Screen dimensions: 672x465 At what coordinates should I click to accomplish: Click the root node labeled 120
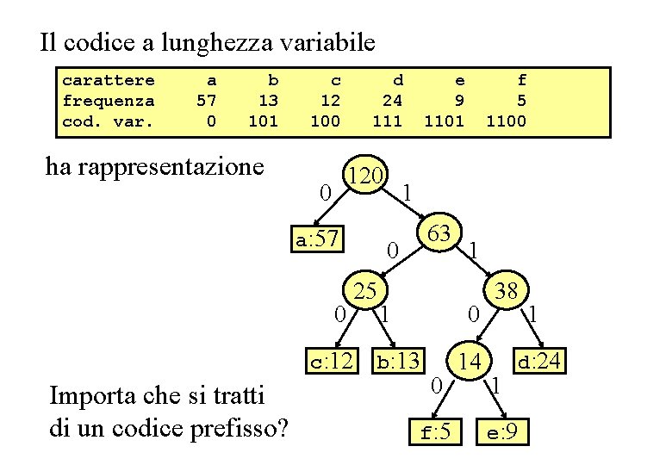366,177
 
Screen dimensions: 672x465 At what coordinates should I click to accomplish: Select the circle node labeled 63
439,233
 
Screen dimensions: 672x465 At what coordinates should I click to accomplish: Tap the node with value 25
365,291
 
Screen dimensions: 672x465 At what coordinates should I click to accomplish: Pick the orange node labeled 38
507,291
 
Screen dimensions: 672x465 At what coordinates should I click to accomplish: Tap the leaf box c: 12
331,360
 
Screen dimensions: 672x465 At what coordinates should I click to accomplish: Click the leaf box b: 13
397,360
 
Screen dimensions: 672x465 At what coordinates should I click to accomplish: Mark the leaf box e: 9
502,431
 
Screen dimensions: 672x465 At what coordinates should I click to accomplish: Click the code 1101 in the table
444,121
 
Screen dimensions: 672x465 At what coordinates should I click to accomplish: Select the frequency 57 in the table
206,101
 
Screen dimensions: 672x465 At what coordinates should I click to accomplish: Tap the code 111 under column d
387,121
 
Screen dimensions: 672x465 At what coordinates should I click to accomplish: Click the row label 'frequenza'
109,101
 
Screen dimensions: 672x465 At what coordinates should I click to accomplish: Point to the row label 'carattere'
109,80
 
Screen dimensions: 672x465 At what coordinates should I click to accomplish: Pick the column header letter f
521,80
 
